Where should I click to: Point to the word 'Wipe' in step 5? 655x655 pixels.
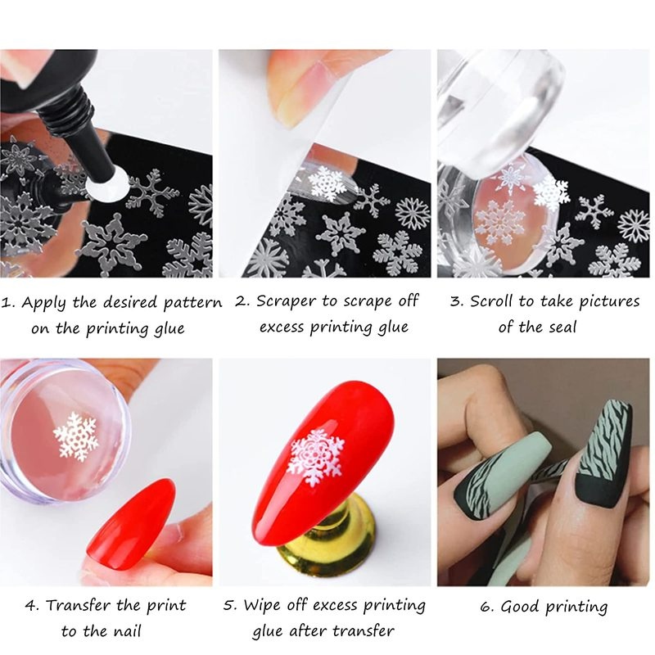pos(261,606)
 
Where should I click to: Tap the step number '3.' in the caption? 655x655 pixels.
pos(456,301)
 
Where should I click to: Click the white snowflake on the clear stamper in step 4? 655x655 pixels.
pos(75,435)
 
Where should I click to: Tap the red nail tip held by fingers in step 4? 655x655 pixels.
pos(130,524)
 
